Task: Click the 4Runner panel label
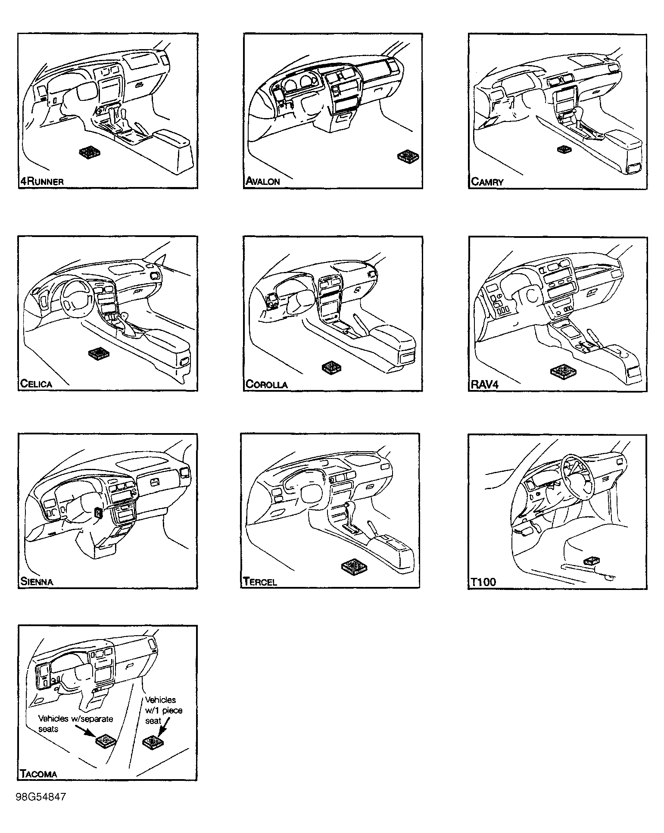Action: coord(42,181)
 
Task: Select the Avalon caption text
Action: coord(263,181)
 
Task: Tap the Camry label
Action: coord(487,182)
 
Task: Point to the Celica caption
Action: coord(36,384)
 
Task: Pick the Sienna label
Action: coord(37,582)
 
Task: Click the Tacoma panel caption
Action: coord(39,774)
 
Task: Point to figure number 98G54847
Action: coord(41,797)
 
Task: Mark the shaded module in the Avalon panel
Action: coord(408,157)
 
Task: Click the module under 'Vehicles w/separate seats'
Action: coord(106,741)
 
